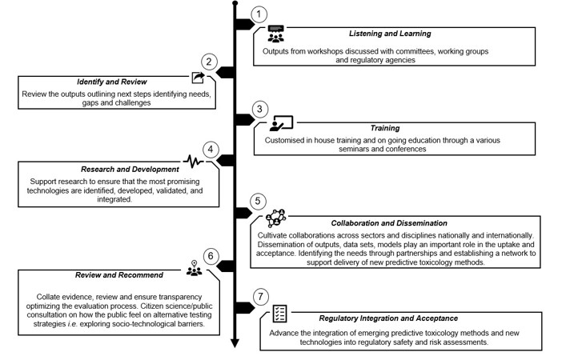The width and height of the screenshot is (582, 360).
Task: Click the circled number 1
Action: click(258, 14)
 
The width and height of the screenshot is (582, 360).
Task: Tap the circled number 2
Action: click(210, 62)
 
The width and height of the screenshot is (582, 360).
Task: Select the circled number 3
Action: click(258, 109)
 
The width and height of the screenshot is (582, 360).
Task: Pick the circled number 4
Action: click(210, 150)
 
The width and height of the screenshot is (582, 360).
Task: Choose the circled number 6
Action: click(210, 257)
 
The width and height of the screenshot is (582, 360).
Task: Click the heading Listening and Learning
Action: click(390, 34)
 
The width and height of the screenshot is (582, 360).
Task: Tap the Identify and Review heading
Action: click(111, 82)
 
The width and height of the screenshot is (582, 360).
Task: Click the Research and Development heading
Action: click(119, 170)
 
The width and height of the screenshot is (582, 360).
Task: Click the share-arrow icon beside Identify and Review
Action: click(198, 78)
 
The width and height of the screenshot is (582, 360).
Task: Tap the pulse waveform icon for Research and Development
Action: click(193, 161)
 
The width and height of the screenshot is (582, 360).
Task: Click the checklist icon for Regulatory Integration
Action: click(280, 313)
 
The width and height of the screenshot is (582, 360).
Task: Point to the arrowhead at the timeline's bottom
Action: click(234, 344)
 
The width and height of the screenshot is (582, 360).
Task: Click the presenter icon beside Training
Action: click(281, 123)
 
